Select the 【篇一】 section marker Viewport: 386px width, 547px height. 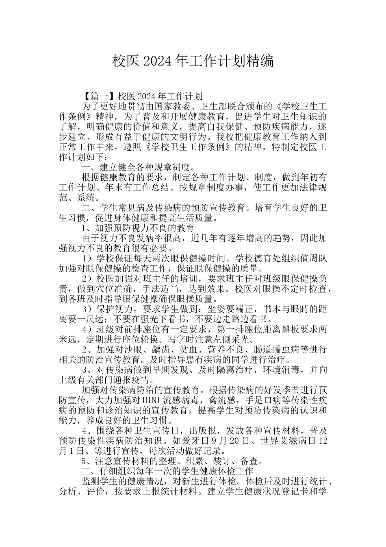[x=99, y=96]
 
